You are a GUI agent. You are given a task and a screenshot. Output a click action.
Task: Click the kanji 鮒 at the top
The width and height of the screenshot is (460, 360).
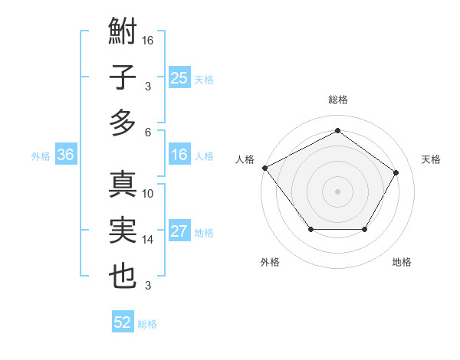[x=123, y=33]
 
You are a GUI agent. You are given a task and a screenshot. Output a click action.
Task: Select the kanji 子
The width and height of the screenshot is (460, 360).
[x=123, y=77]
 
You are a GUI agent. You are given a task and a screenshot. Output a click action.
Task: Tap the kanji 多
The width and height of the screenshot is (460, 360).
[x=123, y=122]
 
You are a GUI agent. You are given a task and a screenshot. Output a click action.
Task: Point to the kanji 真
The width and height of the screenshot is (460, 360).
[x=123, y=185]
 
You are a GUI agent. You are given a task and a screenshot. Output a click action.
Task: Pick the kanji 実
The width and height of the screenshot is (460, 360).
[x=123, y=231]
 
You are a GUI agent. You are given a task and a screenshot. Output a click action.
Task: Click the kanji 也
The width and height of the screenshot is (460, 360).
[x=123, y=276]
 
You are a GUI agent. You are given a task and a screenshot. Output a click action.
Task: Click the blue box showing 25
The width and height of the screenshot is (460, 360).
[x=179, y=77]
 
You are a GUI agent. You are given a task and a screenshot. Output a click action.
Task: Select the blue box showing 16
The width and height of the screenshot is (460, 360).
[x=179, y=155]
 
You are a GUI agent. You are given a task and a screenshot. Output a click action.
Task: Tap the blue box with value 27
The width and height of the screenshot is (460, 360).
[x=179, y=232]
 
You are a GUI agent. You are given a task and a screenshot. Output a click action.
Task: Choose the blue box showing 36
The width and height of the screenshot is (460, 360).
[x=66, y=155]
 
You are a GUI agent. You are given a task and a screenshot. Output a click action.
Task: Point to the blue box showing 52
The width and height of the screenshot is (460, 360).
[x=123, y=323]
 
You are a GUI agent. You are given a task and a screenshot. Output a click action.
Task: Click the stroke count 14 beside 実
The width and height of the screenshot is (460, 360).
[x=148, y=240]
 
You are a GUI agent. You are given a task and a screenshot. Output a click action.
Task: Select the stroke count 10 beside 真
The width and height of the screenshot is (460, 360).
[x=148, y=194]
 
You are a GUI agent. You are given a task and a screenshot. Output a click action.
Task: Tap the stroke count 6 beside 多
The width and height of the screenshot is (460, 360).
[x=148, y=132]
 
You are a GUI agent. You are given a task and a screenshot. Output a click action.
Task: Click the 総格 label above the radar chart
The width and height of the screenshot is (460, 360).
[x=337, y=100]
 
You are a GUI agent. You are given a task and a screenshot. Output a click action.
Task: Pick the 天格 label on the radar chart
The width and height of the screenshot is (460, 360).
[x=432, y=159]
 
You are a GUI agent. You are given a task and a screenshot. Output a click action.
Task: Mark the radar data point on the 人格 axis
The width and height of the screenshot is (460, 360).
[x=264, y=167]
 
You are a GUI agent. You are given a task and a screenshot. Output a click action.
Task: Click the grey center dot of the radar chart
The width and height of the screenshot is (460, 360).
[x=337, y=191]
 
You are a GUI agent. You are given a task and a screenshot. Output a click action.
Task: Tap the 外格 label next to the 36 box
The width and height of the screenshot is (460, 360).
[x=41, y=156]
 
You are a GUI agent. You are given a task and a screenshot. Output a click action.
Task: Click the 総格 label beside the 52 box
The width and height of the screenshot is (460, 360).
[x=147, y=324]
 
